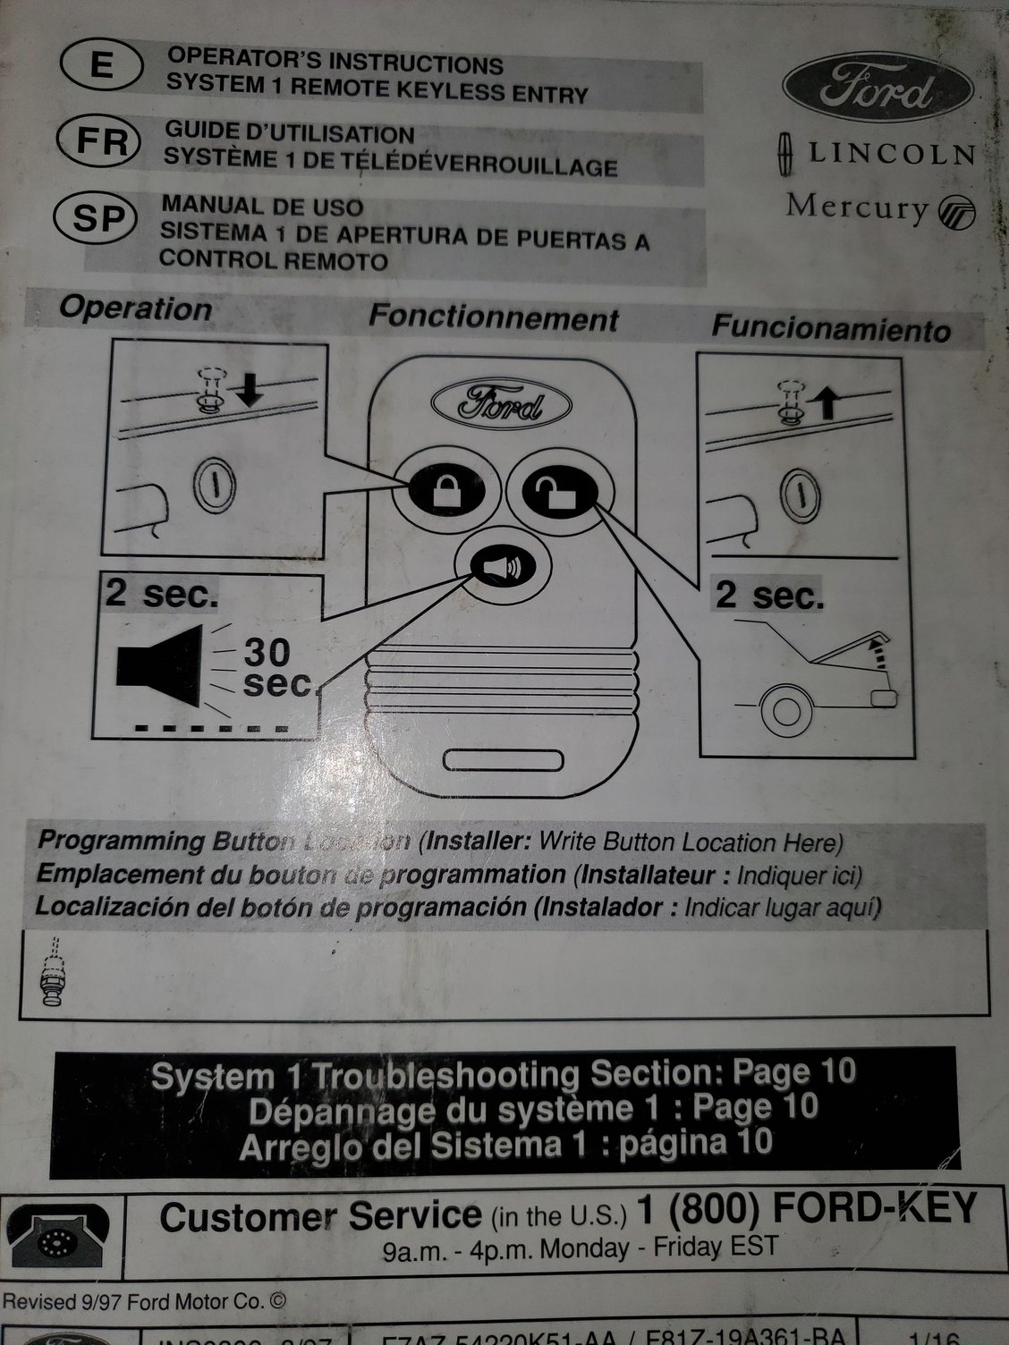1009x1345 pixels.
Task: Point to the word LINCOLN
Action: coord(891,153)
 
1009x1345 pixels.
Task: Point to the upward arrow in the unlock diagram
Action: coord(827,403)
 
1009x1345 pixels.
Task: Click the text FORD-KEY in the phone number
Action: coord(874,1209)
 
